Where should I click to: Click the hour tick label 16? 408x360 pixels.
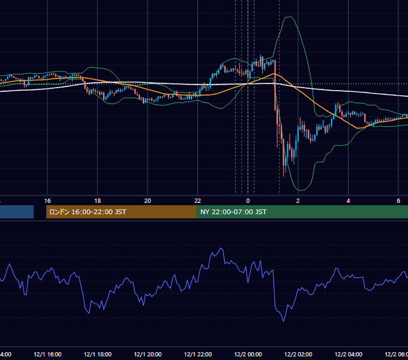[47, 201]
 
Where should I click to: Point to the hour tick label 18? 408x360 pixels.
[98, 201]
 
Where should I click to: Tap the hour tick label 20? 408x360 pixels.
[148, 201]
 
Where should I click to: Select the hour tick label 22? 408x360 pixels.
[198, 201]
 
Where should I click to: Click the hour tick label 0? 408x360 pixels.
[248, 201]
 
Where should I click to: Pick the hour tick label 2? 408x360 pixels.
[298, 201]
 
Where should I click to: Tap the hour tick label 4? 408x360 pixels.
[348, 201]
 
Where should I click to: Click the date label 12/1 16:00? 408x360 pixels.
[47, 355]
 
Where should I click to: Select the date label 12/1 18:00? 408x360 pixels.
[98, 355]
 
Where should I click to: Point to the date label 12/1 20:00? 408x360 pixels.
[148, 355]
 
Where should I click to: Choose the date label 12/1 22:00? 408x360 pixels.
[198, 355]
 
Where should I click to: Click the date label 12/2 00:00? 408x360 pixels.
[248, 355]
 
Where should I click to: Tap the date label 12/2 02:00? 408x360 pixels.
[298, 355]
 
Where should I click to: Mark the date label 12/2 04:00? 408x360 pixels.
[349, 355]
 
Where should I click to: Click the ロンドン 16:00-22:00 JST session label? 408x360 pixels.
[88, 212]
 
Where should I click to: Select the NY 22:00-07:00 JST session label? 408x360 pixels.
[233, 212]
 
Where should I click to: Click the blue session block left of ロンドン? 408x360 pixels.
[17, 212]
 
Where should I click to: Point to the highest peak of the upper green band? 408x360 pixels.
[289, 17]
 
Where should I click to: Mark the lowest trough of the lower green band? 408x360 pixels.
[300, 191]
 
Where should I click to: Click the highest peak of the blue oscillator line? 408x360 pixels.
[221, 248]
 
